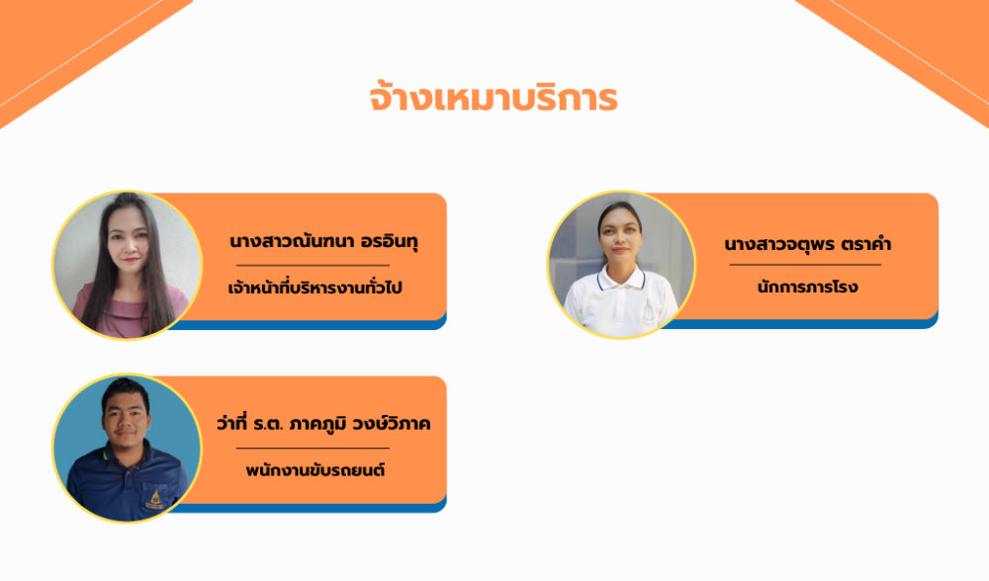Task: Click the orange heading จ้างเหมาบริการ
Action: pyautogui.click(x=494, y=99)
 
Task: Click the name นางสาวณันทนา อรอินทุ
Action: pyautogui.click(x=323, y=241)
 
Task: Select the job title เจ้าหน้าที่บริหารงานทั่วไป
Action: pyautogui.click(x=315, y=288)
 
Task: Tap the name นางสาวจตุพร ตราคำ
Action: pyautogui.click(x=807, y=244)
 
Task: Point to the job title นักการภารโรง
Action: pyautogui.click(x=807, y=287)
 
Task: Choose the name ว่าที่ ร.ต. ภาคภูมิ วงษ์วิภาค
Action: pyautogui.click(x=323, y=423)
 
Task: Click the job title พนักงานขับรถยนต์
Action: pyautogui.click(x=315, y=469)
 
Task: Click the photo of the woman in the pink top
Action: pyautogui.click(x=127, y=265)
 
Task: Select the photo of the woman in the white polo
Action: pyautogui.click(x=621, y=265)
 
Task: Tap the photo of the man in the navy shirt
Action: pyautogui.click(x=127, y=448)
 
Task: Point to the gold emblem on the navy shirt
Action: pyautogui.click(x=153, y=498)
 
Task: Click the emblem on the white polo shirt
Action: pyautogui.click(x=649, y=312)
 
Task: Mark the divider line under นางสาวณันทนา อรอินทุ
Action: pyautogui.click(x=313, y=265)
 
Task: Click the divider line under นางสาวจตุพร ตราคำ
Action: pyautogui.click(x=805, y=265)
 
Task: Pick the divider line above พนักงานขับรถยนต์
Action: pyautogui.click(x=313, y=448)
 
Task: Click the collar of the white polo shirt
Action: pyautogui.click(x=621, y=278)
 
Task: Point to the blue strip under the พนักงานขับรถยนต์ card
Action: pyautogui.click(x=308, y=508)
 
